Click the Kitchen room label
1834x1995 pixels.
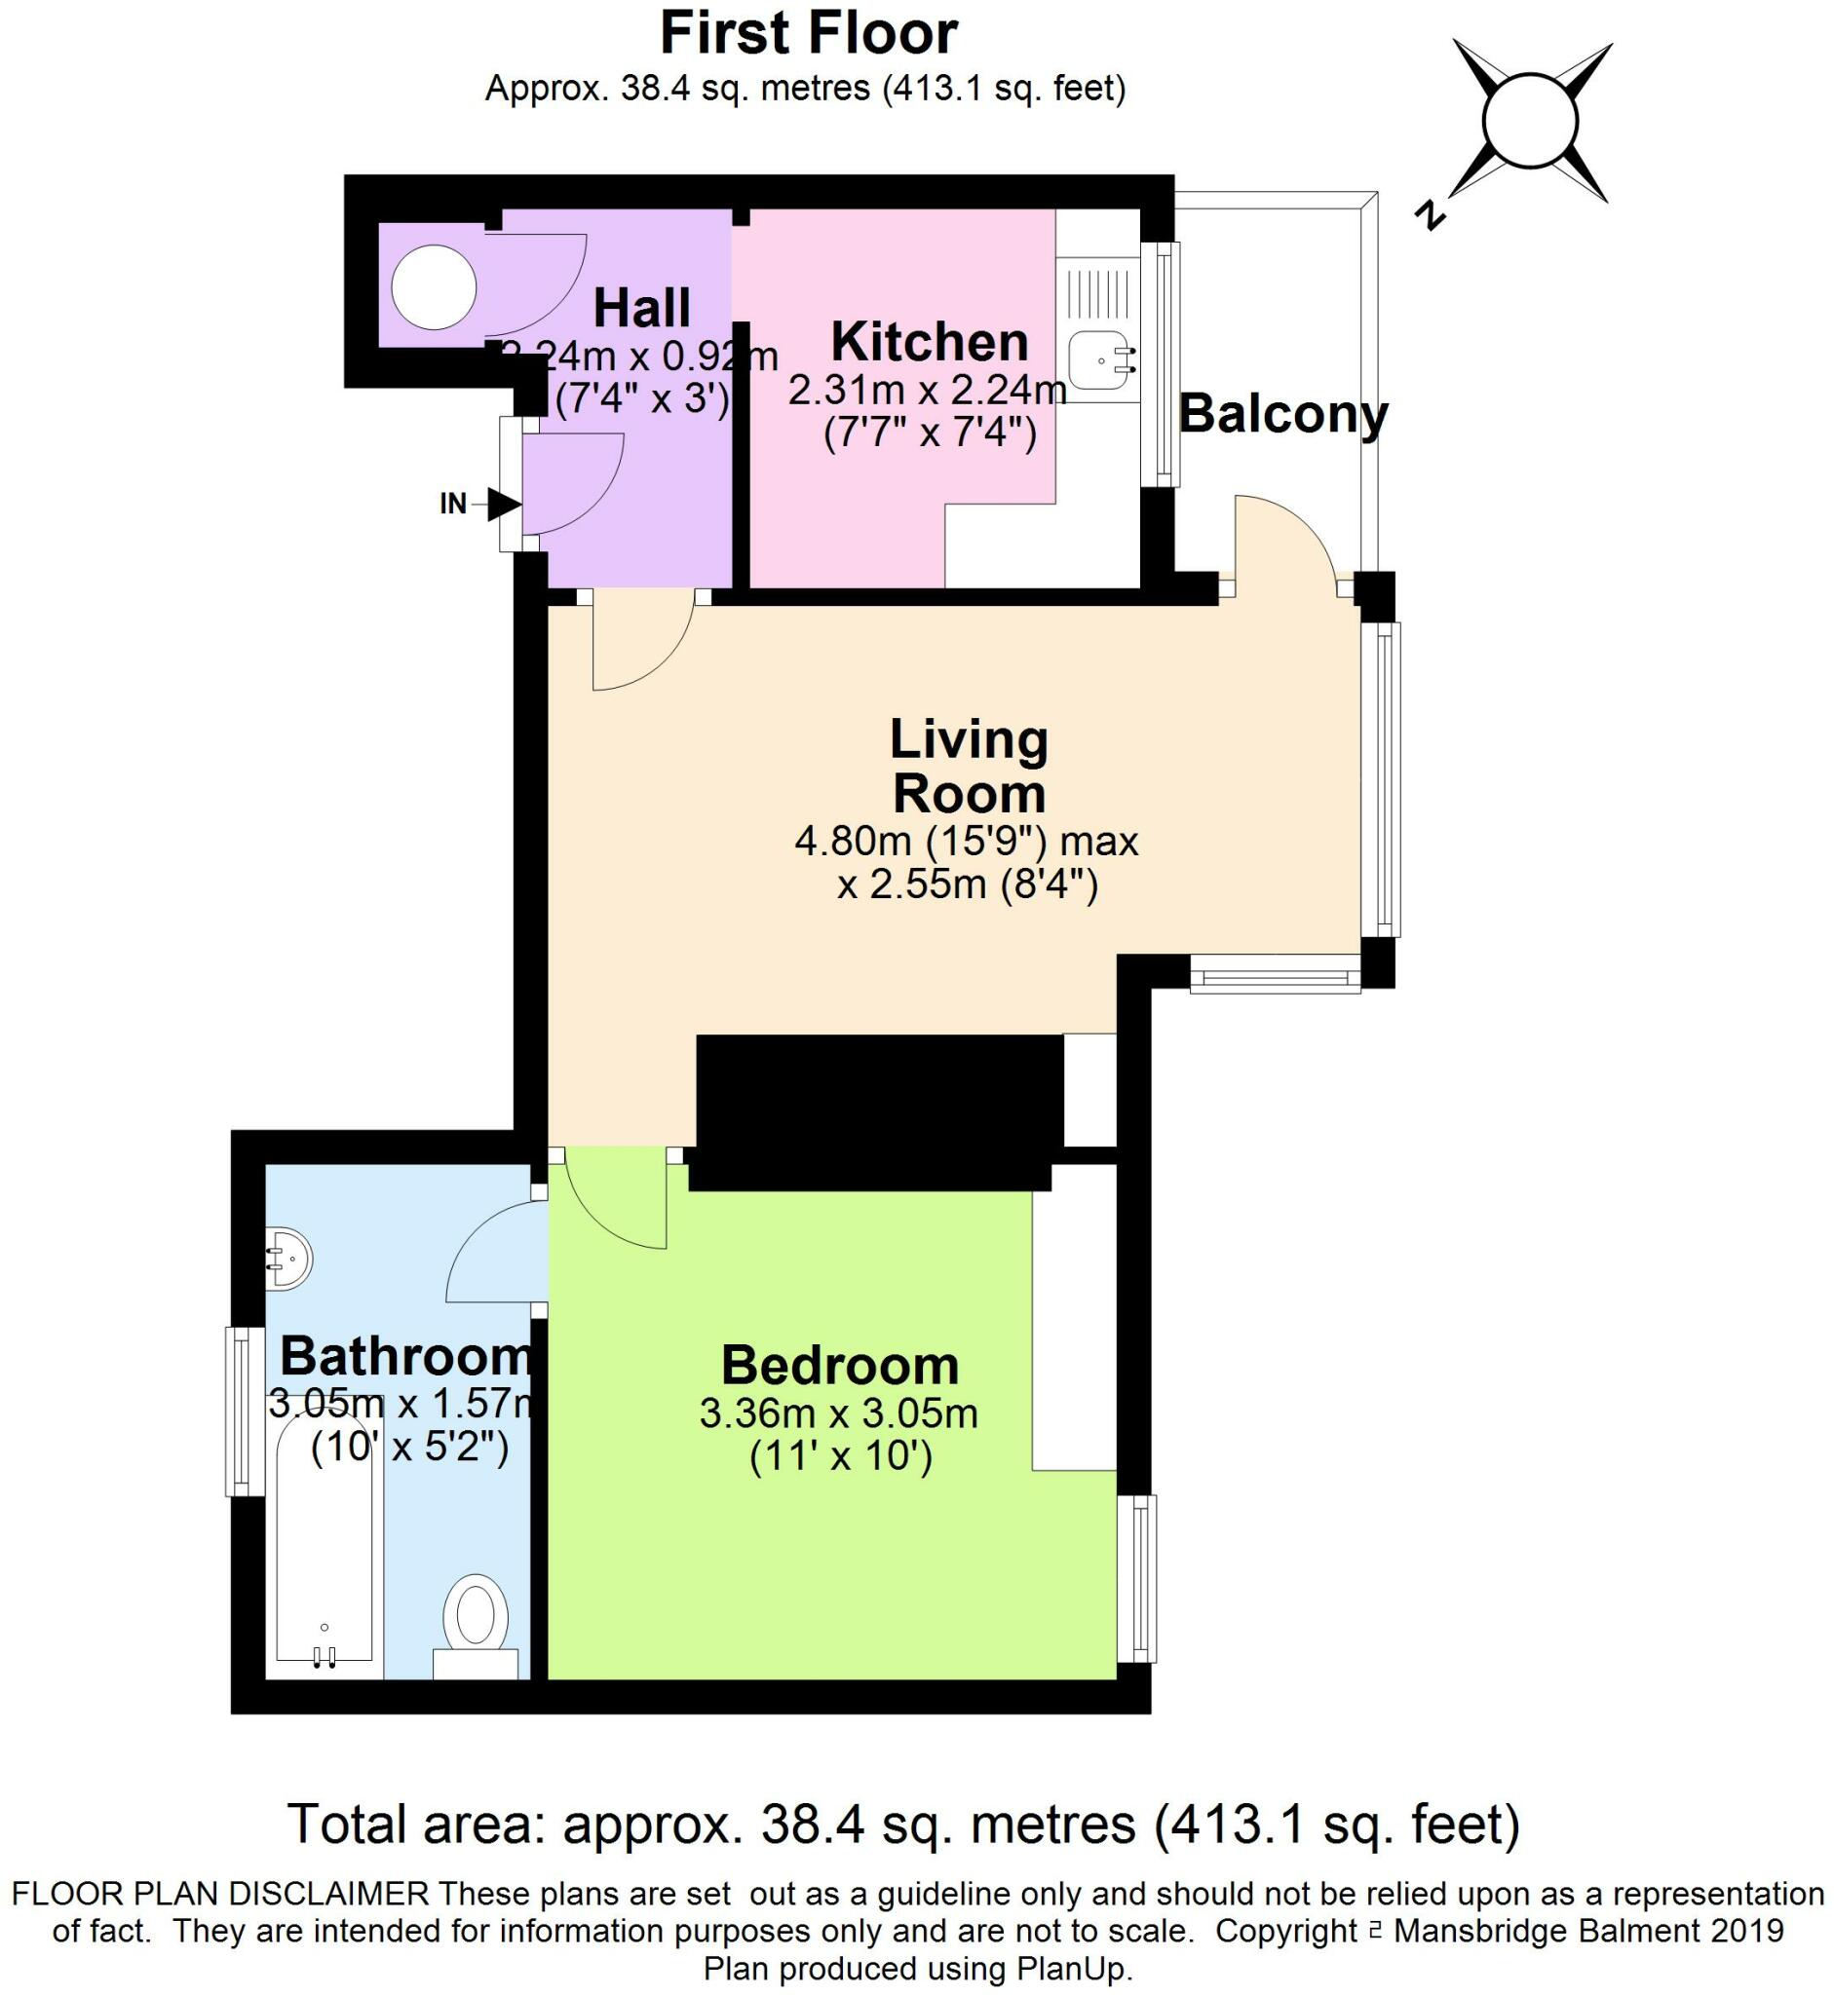929,342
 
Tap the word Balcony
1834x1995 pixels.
1282,414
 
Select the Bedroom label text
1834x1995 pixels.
840,1366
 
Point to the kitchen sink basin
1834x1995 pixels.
1099,360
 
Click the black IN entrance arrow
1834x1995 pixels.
503,504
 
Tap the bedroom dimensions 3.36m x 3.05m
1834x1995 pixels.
839,1413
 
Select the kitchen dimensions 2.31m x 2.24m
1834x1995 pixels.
927,390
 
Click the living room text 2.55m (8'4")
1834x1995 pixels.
968,883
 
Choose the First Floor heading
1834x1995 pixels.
808,34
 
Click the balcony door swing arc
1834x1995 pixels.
1290,531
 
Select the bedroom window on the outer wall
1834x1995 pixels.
1137,1577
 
